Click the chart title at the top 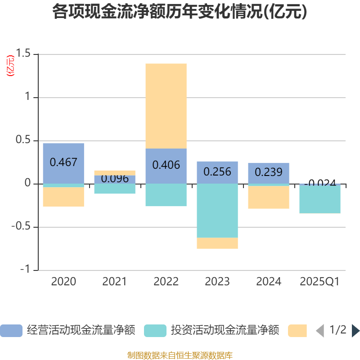click(x=180, y=12)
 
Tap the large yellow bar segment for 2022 click(x=166, y=106)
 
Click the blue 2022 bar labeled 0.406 click(x=166, y=166)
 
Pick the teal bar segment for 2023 click(x=217, y=211)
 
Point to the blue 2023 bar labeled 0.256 click(x=217, y=172)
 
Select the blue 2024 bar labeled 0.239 click(x=269, y=173)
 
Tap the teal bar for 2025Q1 click(x=320, y=198)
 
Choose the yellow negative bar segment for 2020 click(x=63, y=197)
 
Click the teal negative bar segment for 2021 click(x=115, y=189)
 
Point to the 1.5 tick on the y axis click(x=23, y=54)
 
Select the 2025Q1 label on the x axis click(x=320, y=282)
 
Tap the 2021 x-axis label click(x=115, y=282)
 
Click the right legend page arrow click(x=355, y=331)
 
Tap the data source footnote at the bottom click(x=180, y=355)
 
